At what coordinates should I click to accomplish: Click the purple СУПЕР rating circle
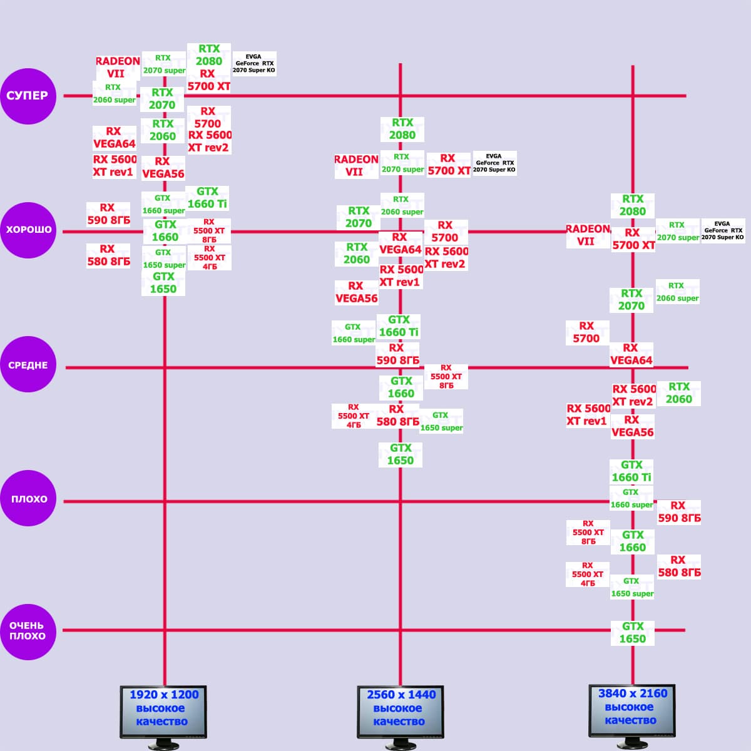coord(28,96)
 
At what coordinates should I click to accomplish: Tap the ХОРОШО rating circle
coord(28,230)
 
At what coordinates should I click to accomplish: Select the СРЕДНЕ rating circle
coord(28,365)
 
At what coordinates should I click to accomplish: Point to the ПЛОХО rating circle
coord(28,499)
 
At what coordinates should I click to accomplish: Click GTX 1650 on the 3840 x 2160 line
coord(632,633)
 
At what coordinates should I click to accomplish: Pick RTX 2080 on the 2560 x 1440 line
coord(402,129)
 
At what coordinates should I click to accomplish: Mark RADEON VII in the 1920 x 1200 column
coord(117,67)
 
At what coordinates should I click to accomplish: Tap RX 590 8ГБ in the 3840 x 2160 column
coord(679,512)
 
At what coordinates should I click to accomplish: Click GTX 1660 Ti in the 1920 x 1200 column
coord(207,198)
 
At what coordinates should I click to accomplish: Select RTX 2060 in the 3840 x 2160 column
coord(679,393)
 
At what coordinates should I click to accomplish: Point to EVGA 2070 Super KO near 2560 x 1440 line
coord(494,163)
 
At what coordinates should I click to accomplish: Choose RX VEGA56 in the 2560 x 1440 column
coord(356,292)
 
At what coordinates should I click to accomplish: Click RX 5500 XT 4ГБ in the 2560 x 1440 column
coord(354,416)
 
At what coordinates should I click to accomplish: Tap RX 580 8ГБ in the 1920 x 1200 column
coord(108,255)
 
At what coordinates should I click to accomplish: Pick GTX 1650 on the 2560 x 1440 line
coord(401,454)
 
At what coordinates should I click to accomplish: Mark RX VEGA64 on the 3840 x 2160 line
coord(631,354)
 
